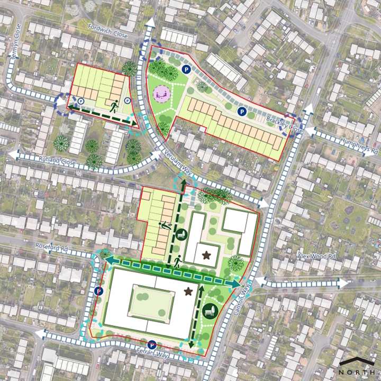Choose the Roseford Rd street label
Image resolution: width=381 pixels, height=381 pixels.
[53, 247]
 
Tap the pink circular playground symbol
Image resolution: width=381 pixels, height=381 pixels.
[161, 94]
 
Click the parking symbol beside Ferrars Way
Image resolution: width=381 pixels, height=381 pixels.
[152, 344]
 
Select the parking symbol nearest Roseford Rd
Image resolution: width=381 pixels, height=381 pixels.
[99, 290]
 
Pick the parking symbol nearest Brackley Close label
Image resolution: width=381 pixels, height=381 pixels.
[241, 111]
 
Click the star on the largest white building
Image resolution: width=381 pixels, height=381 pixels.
[188, 291]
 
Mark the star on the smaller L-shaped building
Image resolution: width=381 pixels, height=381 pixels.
[206, 255]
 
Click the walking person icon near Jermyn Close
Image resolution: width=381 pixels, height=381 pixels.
[113, 105]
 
